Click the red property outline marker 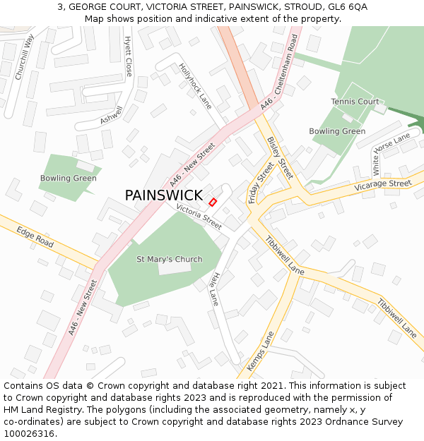tap(213, 202)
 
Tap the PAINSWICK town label tap(163, 195)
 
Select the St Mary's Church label tap(169, 259)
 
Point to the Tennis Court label tap(355, 102)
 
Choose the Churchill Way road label tap(25, 56)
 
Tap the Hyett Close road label tap(128, 56)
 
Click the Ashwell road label tap(111, 116)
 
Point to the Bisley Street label tap(280, 157)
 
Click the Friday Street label tap(261, 182)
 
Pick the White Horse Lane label tap(391, 153)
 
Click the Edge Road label tap(35, 237)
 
